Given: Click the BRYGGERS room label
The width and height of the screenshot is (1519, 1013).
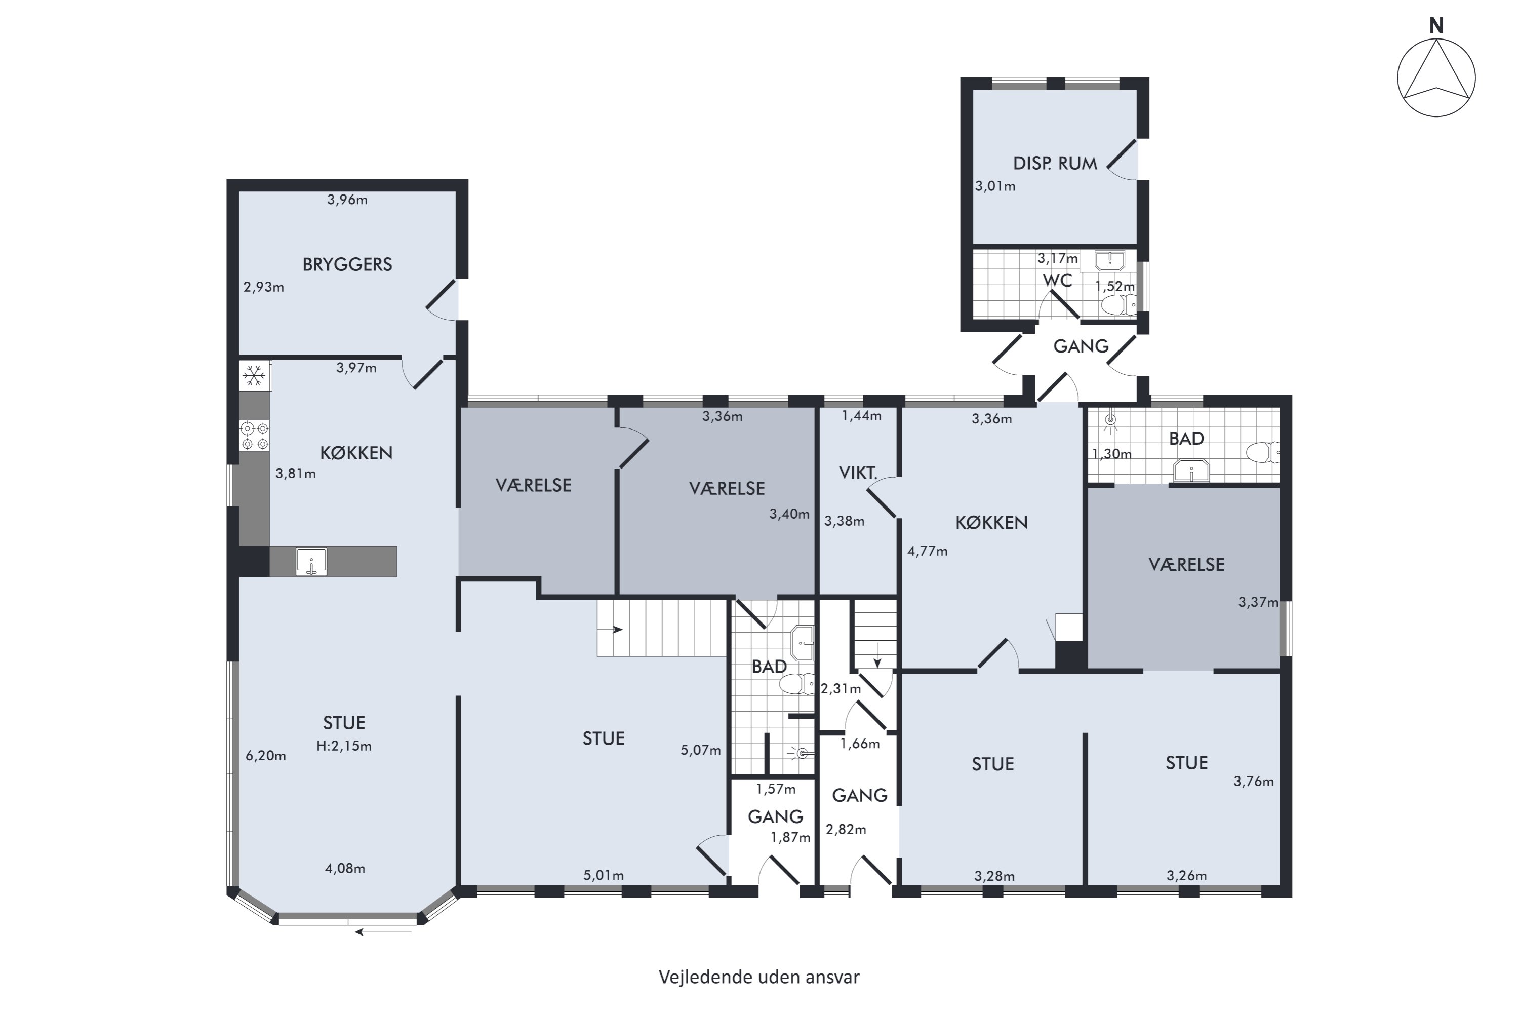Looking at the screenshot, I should tap(347, 264).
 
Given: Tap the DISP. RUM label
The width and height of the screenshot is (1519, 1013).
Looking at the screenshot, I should tap(1055, 164).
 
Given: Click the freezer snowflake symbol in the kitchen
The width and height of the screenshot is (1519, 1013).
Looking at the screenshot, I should tap(254, 375).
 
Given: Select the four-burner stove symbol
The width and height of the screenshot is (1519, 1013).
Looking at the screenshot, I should tap(255, 436).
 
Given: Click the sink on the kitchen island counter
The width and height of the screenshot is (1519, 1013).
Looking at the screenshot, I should tap(311, 561).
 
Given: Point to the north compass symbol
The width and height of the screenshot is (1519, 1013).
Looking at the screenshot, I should tap(1436, 77).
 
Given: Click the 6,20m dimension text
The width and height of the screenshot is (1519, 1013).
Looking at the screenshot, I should tap(265, 756).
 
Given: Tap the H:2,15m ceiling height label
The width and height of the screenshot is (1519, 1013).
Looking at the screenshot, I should tap(344, 746).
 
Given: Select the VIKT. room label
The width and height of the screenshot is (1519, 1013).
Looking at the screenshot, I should tap(858, 473).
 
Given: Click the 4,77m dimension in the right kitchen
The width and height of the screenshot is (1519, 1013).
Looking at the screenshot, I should tap(928, 551).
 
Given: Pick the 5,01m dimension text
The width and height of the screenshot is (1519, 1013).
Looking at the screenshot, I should tap(603, 875).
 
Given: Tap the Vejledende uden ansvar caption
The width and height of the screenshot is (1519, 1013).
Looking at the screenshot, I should tap(759, 977).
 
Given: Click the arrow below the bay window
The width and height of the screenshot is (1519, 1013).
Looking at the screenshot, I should tap(383, 931).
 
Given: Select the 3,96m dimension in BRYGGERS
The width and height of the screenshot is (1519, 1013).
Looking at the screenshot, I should tap(347, 200).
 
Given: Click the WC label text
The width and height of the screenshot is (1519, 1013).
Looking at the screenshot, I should tap(1057, 281).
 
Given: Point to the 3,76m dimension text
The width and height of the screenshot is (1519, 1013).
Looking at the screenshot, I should tap(1253, 781).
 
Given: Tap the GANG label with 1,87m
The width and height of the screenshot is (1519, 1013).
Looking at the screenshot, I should tap(775, 816).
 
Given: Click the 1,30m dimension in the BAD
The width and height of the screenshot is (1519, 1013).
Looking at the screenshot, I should tap(1111, 453).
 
